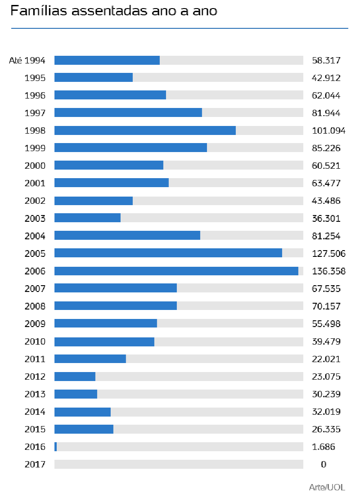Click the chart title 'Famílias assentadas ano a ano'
coord(113,11)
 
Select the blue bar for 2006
coord(176,271)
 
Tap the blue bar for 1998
coord(145,130)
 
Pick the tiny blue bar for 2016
coord(55,447)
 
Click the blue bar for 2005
coord(168,253)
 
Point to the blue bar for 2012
coord(75,377)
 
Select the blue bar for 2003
coord(87,218)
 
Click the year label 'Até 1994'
coord(27,60)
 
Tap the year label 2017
coord(35,464)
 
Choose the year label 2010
coord(35,341)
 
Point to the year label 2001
coord(35,183)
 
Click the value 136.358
coord(328,271)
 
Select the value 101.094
coord(328,131)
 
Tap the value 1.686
coord(323,447)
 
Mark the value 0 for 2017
coord(324,464)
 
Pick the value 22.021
coord(326,359)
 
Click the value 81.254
coord(326,236)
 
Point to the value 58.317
coord(326,60)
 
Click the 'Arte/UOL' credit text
coord(327,487)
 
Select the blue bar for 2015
coord(84,429)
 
